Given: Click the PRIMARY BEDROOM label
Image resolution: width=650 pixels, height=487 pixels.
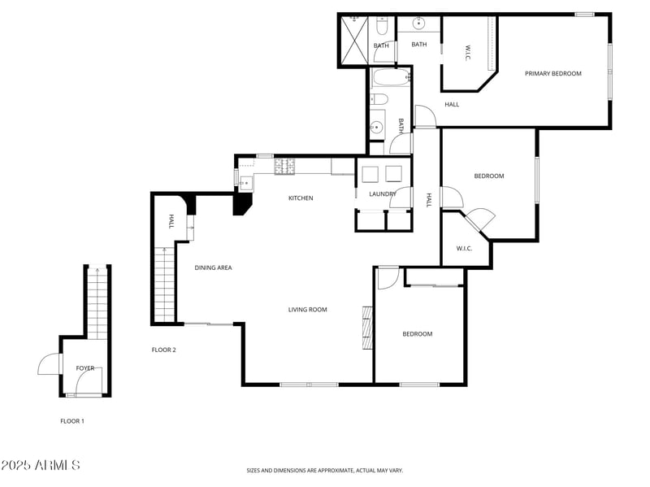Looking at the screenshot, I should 552,74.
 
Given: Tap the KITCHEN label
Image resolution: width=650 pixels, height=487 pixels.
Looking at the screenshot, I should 301,198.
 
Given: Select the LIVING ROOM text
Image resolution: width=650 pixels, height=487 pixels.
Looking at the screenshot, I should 308,310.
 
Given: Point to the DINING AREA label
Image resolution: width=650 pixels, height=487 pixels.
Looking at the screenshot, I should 213,267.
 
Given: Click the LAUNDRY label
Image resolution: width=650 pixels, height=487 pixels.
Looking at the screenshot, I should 382,194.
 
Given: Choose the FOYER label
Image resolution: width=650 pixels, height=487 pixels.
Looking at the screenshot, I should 85,368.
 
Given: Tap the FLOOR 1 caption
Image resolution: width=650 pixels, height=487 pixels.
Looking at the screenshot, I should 72,421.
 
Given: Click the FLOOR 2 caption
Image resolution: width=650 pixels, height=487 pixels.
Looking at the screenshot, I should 163,350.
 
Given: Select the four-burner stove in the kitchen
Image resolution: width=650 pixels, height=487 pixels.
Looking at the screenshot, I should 284,167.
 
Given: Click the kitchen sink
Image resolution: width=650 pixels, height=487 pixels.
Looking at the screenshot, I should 245,182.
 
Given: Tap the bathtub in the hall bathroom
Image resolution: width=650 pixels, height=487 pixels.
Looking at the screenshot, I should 391,79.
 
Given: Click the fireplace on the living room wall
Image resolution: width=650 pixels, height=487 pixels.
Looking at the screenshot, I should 366,328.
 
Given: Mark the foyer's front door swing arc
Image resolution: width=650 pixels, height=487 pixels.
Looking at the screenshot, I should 49,363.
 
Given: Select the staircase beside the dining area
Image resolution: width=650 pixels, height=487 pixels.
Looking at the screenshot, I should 164,285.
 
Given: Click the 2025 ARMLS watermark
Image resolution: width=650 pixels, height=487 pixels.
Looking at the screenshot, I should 41,466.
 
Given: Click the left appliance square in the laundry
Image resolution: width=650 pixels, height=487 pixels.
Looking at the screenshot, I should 370,174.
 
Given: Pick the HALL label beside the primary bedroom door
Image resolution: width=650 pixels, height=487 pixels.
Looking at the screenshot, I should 452,105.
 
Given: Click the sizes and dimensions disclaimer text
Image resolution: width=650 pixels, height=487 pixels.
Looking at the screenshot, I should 325,470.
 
